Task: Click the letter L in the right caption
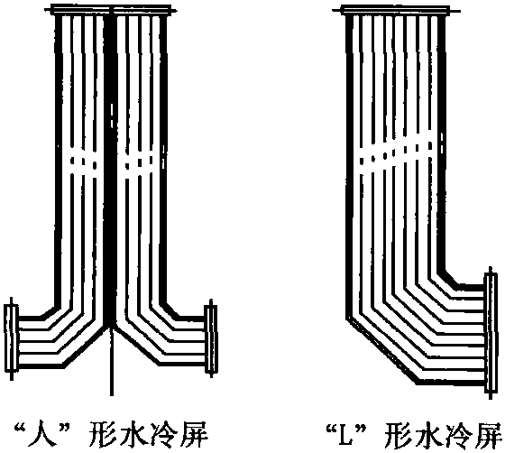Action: point(346,434)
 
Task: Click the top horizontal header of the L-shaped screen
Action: point(396,10)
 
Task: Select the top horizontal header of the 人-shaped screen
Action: point(111,10)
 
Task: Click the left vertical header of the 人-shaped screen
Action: point(11,337)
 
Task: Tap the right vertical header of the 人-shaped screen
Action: point(211,338)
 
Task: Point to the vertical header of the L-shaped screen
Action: point(491,332)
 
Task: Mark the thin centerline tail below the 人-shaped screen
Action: point(112,361)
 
